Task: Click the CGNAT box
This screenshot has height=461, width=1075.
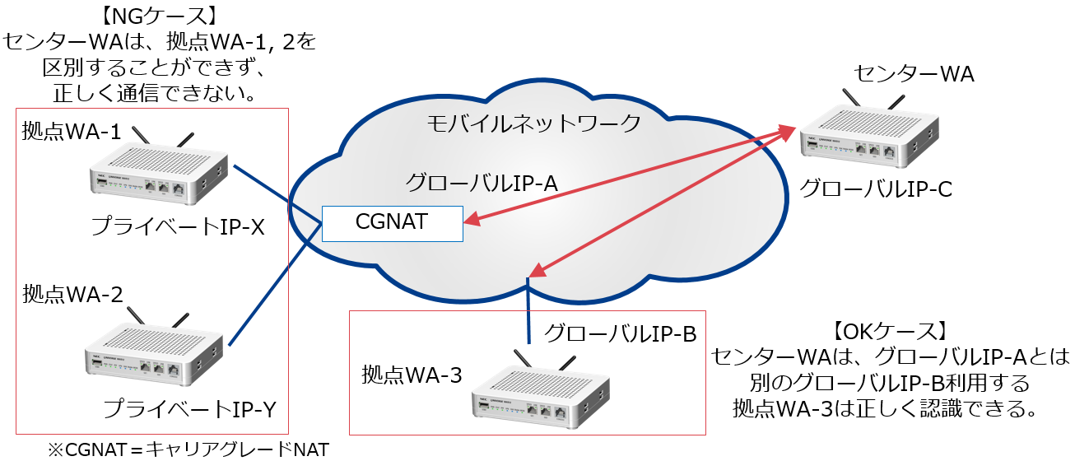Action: (392, 222)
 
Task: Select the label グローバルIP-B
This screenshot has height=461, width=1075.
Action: (621, 333)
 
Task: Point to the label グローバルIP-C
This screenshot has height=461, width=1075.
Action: (876, 190)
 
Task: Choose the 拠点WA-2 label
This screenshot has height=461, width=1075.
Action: (73, 293)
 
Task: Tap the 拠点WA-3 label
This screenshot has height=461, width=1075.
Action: (412, 375)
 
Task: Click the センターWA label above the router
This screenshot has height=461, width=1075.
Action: (913, 75)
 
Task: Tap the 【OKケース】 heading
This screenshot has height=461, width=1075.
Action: (889, 332)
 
